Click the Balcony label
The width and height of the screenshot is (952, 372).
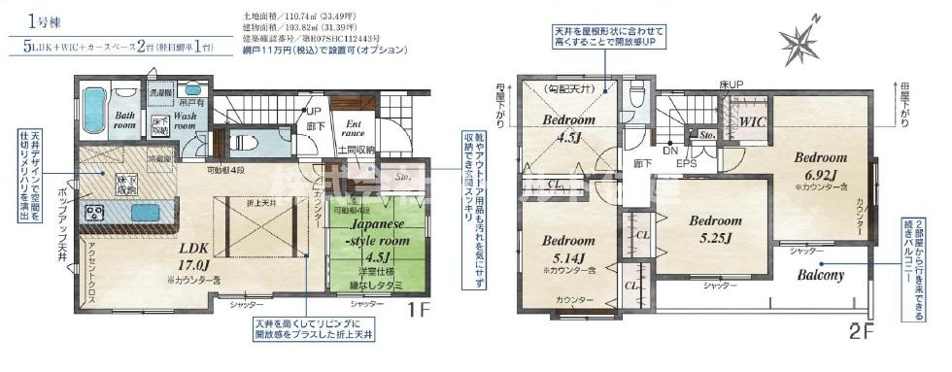[x=822, y=275]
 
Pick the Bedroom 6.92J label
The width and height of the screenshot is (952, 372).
[x=822, y=163]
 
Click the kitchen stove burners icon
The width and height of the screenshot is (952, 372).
[x=97, y=212]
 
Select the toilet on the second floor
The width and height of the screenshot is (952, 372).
[x=636, y=95]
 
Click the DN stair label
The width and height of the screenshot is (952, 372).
[x=668, y=152]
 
